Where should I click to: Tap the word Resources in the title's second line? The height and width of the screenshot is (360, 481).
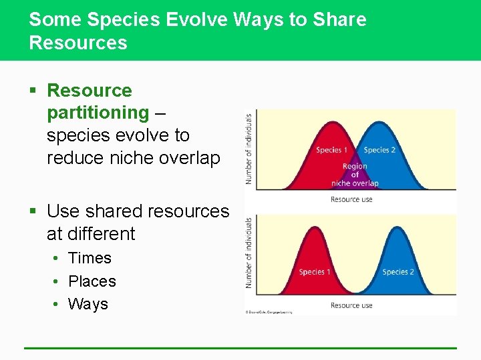click(77, 43)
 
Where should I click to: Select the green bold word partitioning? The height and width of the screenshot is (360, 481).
click(98, 113)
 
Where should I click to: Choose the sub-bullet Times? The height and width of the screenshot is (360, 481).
click(90, 258)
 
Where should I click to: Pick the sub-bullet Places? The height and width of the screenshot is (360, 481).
click(92, 281)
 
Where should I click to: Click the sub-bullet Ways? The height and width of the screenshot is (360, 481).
click(88, 304)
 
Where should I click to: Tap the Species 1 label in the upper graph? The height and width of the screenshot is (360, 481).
click(332, 150)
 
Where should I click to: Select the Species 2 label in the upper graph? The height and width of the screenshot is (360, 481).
click(379, 150)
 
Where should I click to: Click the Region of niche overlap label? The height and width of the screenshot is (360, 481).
click(355, 175)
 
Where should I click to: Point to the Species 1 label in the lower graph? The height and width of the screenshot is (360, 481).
click(315, 272)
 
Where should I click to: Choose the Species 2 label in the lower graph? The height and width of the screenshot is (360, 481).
click(398, 272)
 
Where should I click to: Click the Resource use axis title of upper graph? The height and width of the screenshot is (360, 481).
click(351, 199)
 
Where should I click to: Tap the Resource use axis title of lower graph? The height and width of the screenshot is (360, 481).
click(351, 305)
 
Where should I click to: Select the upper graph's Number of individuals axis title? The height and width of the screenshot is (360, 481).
click(249, 148)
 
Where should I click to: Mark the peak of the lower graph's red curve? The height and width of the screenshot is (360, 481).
click(313, 228)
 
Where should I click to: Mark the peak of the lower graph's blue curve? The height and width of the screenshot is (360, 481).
click(398, 228)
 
